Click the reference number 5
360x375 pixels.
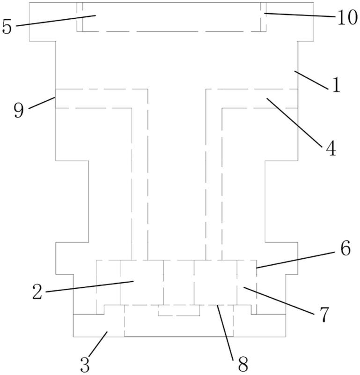7,26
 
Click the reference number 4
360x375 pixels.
330,150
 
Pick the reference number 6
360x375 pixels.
345,249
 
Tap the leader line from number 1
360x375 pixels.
311,79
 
